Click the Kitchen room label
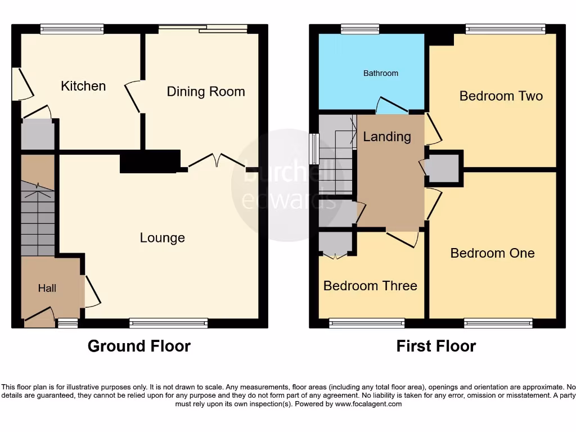(83, 86)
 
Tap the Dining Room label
(206, 92)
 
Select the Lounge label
(162, 238)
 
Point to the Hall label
(47, 289)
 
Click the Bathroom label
(380, 73)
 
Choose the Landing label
(387, 137)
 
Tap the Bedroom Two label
(501, 96)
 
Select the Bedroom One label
(492, 253)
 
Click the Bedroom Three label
(370, 286)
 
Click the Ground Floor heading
(139, 346)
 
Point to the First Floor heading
(436, 346)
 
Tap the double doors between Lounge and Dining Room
(217, 160)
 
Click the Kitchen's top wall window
(72, 28)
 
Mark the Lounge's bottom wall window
(168, 323)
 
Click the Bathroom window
(360, 28)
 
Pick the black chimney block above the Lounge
(150, 161)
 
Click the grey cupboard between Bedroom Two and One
(444, 168)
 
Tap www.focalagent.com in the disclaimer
(370, 404)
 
